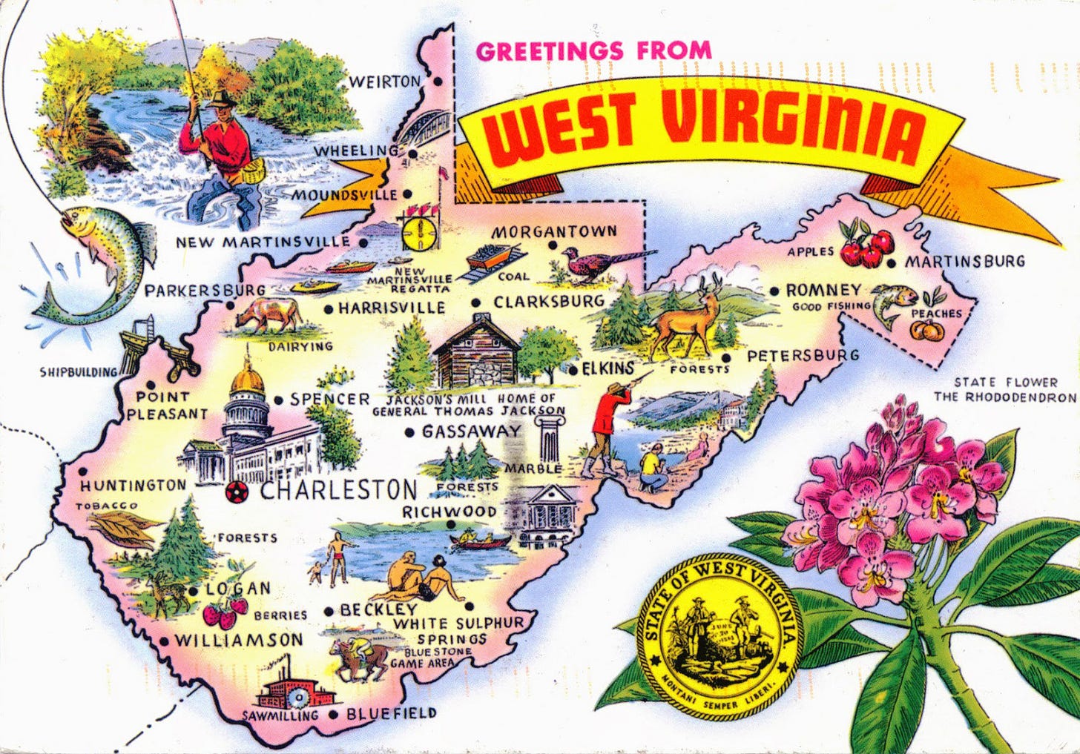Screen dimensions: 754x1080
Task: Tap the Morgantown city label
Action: pos(554,231)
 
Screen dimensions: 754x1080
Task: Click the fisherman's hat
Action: pos(220,99)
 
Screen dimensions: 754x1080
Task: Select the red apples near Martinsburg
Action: pos(866,246)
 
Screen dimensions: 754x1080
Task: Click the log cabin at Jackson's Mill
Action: pos(476,352)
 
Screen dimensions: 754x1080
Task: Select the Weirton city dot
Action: pos(438,82)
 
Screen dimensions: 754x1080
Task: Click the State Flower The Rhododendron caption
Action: pos(1005,389)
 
